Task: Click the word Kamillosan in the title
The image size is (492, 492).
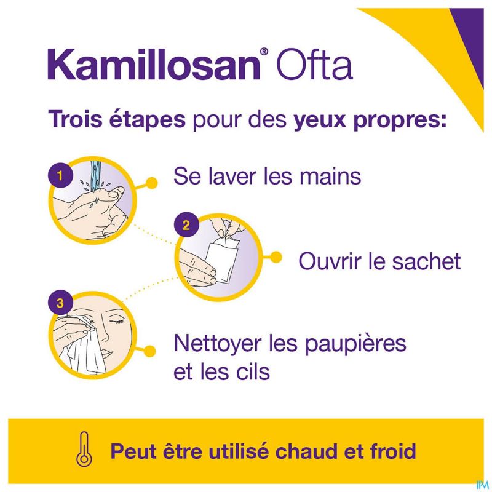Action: coord(154,65)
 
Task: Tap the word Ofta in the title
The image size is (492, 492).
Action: coord(314,65)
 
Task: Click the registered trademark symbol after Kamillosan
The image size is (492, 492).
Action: coord(264,51)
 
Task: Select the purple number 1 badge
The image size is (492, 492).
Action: coord(60,176)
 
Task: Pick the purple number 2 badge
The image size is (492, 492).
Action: coord(186,225)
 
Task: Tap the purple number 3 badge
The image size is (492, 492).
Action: coord(60,303)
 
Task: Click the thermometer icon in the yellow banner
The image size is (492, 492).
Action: coord(84,449)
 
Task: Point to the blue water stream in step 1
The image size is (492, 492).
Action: coord(97,177)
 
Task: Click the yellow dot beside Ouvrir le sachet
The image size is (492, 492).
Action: coord(276,257)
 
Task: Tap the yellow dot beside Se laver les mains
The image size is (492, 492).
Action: coord(152,183)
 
